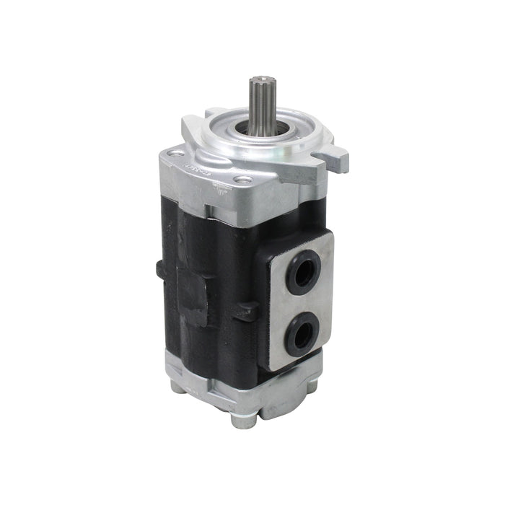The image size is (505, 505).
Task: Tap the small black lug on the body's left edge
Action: tap(159, 268)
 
